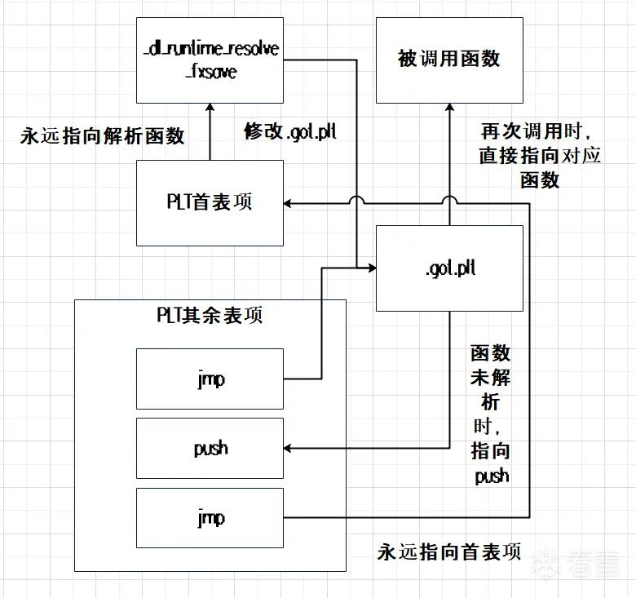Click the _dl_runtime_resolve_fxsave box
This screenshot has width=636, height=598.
(210, 60)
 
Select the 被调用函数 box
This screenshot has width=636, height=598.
(449, 60)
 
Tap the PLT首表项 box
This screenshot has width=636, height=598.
(210, 203)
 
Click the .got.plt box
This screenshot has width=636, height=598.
(449, 268)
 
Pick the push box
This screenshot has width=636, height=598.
(210, 449)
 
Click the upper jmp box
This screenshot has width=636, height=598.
(210, 379)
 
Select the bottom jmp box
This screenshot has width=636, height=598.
(210, 518)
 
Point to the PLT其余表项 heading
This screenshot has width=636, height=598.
(210, 315)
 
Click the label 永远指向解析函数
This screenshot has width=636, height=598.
(102, 135)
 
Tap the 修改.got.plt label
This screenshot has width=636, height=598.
(290, 132)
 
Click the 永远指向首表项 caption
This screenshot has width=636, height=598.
(449, 551)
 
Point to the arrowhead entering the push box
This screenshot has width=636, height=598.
(287, 449)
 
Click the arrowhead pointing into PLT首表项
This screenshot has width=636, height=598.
(287, 203)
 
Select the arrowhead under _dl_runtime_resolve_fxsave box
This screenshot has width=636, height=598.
(210, 108)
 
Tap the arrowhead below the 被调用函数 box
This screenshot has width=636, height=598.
(449, 108)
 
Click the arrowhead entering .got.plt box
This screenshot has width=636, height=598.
(372, 268)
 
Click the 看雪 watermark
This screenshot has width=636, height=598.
(576, 563)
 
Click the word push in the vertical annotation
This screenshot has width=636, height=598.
(492, 476)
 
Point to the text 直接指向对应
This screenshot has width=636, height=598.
(540, 156)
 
